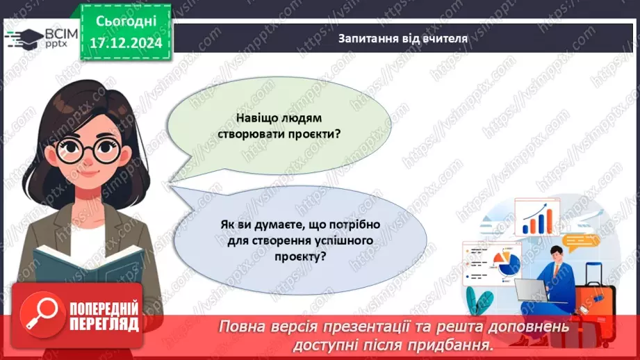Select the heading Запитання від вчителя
403,39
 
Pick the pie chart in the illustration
507,264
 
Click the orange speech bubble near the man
582,241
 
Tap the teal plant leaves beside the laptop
482,300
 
